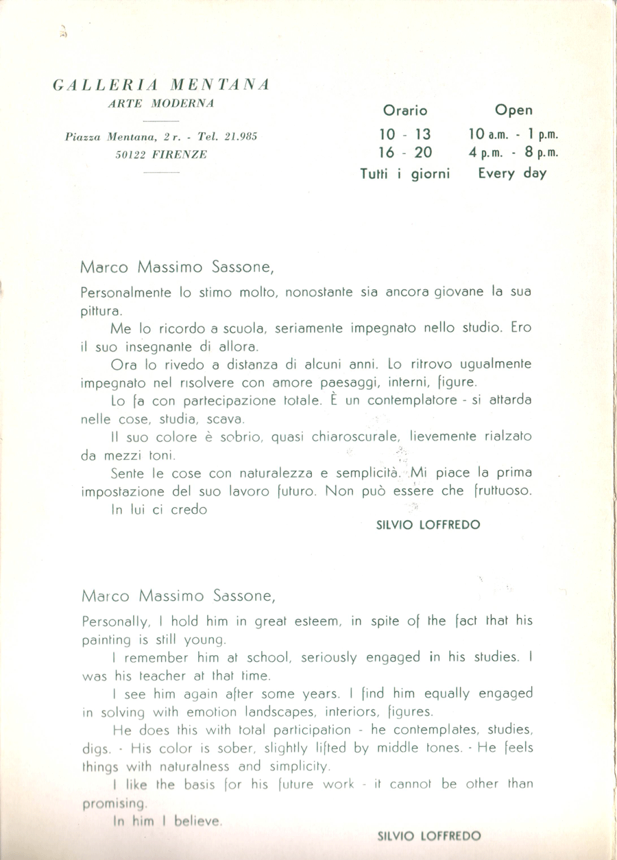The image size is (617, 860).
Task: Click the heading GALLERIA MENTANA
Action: pyautogui.click(x=161, y=85)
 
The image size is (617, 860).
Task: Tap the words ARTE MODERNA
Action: pyautogui.click(x=161, y=103)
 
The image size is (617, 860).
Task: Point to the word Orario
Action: pyautogui.click(x=404, y=110)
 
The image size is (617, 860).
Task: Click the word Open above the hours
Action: pyautogui.click(x=513, y=110)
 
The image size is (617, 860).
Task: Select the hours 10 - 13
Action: pyautogui.click(x=404, y=134)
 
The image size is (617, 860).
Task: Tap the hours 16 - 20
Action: pyautogui.click(x=404, y=152)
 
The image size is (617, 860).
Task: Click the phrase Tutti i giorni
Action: pyautogui.click(x=404, y=173)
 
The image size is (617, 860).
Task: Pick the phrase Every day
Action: pyautogui.click(x=513, y=173)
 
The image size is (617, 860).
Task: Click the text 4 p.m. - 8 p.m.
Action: pyautogui.click(x=513, y=153)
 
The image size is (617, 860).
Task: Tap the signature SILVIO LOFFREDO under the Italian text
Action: pyautogui.click(x=428, y=525)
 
